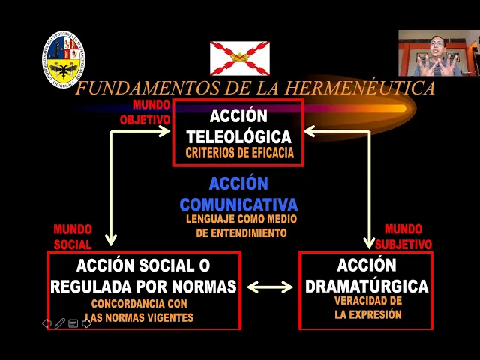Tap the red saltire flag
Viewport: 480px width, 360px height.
tap(239, 57)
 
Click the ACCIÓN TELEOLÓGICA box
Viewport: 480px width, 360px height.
tap(238, 132)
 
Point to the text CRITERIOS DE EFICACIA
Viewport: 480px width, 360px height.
tap(239, 154)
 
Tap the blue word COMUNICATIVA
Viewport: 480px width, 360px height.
tap(238, 204)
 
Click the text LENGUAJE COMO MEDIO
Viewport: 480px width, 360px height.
tap(241, 219)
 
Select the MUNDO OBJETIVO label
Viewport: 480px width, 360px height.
tap(146, 112)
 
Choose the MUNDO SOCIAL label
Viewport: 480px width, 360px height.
tap(73, 236)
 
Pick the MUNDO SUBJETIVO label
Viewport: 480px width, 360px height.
tap(403, 236)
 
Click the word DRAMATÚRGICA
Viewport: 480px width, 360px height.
tap(367, 286)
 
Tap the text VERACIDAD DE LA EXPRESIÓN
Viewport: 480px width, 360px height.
tap(367, 308)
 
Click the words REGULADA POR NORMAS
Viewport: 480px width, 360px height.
tap(143, 286)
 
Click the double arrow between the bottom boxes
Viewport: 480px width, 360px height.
tap(270, 286)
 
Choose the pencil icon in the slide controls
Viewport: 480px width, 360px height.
tap(60, 323)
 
